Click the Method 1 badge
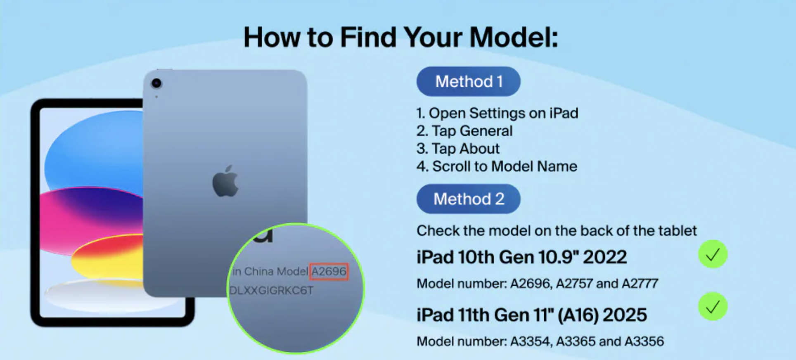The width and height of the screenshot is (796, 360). [468, 81]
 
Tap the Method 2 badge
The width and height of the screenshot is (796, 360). [468, 199]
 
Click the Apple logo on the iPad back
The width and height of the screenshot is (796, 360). [225, 181]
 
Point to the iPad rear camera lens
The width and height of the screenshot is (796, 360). [156, 83]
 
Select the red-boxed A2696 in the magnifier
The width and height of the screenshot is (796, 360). [329, 272]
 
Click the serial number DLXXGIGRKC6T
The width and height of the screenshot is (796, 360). [271, 291]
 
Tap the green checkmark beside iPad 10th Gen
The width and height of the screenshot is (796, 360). [713, 254]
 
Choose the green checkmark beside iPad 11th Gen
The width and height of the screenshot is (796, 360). [713, 307]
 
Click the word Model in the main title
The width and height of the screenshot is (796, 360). [514, 38]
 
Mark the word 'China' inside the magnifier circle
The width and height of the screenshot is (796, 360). [259, 272]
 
